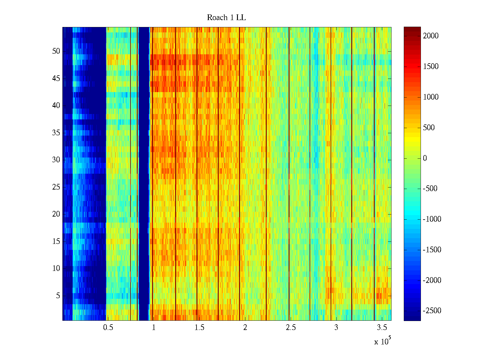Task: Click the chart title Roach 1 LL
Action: (226, 18)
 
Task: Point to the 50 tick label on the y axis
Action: (56, 51)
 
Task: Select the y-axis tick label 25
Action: (56, 187)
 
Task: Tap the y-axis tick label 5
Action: (58, 296)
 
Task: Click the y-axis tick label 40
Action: (56, 106)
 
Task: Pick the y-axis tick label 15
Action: (56, 241)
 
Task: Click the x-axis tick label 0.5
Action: (108, 328)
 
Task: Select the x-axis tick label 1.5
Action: (199, 328)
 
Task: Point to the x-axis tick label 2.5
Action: (291, 328)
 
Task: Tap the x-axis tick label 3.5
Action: (382, 328)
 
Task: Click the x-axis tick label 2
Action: (245, 328)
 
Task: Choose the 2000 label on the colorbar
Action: (430, 36)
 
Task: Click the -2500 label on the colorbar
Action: (432, 311)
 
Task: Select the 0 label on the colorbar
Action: (425, 158)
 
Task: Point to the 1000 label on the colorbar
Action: (430, 97)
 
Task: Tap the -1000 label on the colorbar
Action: (432, 219)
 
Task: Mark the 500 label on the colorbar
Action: (429, 128)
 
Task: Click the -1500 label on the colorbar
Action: (432, 250)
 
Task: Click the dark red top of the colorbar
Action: (412, 29)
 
